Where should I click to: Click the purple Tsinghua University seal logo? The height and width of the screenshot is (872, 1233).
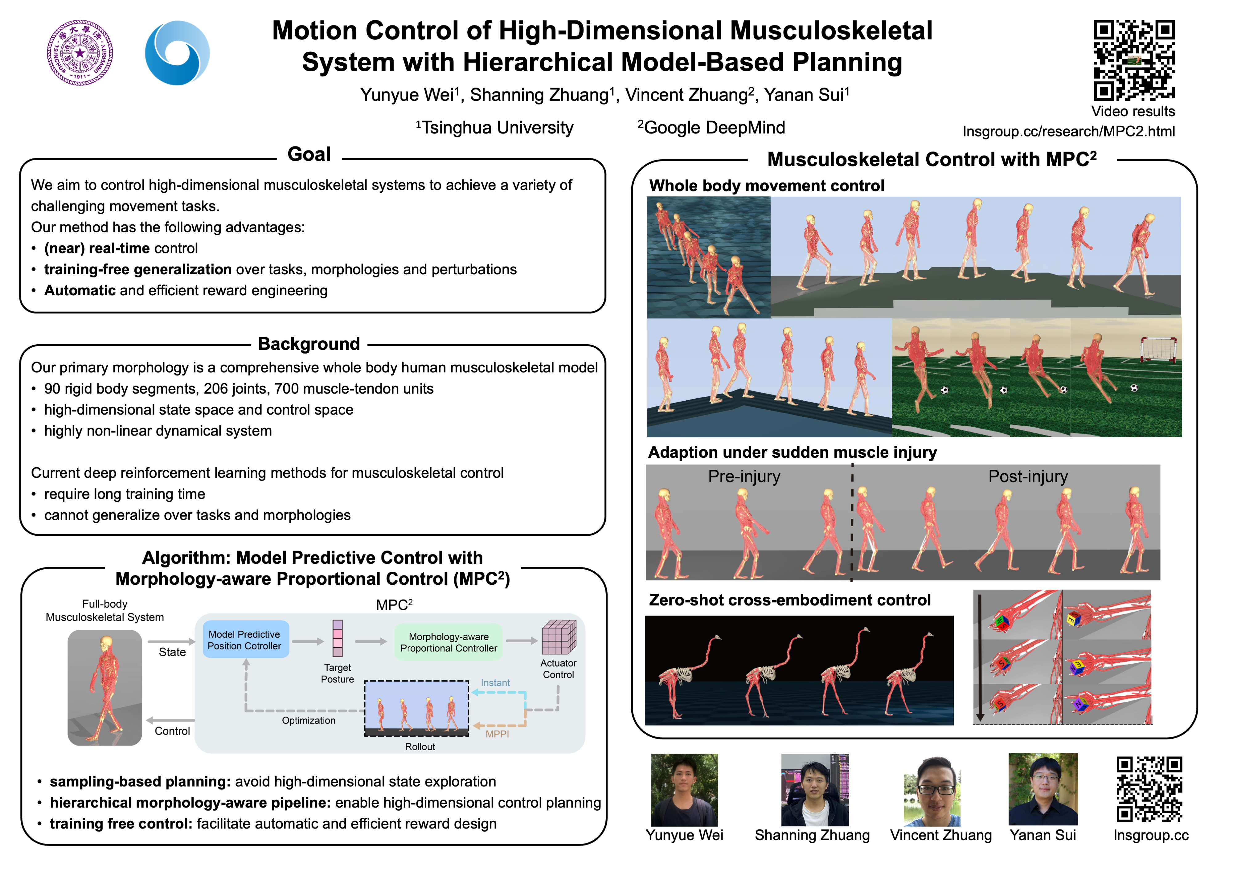pos(80,53)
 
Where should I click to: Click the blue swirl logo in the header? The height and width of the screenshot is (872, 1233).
pos(177,53)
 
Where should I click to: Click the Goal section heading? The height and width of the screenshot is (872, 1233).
pos(309,154)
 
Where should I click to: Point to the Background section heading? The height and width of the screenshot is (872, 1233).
pos(309,344)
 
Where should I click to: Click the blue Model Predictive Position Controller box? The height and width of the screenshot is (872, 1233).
pos(244,640)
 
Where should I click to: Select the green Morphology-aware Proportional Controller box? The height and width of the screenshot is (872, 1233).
pos(449,642)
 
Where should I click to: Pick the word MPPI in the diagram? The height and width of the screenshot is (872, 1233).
pos(497,734)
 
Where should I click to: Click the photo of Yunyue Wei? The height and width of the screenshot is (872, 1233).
pos(684,789)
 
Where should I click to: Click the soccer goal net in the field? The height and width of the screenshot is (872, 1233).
pos(1158,349)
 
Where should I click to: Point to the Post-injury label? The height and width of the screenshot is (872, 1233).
pos(1027,476)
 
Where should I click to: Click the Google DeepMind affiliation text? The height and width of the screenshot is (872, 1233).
pos(711,128)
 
